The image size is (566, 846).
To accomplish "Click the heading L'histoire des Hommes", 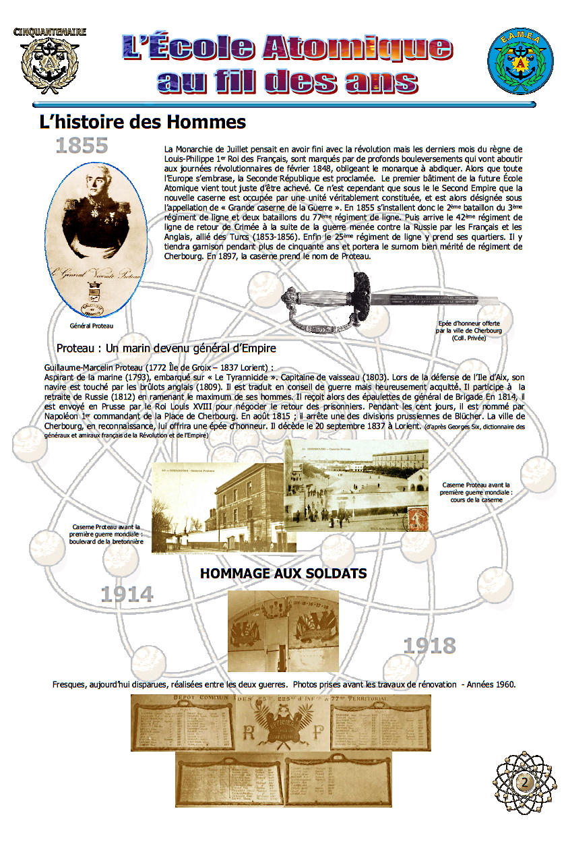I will pos(142,123).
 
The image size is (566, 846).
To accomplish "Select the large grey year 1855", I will pos(82,146).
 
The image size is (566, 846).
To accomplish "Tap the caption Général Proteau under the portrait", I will pos(92,326).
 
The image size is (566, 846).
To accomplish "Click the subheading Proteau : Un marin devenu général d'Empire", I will pos(166,349).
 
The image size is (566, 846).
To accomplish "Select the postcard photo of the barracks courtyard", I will pos(356,484).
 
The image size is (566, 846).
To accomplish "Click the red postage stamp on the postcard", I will pos(416,518).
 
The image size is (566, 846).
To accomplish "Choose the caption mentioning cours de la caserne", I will pos(476,492).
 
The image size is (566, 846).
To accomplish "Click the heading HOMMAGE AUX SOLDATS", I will pos(284,574).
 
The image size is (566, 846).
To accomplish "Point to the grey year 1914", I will pos(127,595).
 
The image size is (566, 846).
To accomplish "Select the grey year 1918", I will pos(429,646).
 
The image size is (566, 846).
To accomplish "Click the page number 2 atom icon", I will pos(524,783).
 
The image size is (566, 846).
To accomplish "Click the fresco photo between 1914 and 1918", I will pos(283,630).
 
